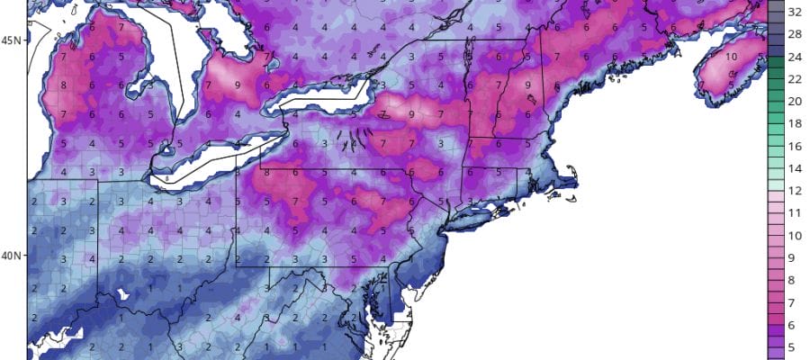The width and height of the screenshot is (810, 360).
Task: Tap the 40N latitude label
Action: coord(13,256)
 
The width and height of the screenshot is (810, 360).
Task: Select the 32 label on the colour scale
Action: coord(796,13)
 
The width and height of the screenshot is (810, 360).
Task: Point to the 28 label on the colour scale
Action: coord(796,34)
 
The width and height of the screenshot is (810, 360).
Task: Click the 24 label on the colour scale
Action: coord(796,57)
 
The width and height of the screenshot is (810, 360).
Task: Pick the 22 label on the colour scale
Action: coord(796,79)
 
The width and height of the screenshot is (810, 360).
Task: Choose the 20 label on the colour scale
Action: coord(796,101)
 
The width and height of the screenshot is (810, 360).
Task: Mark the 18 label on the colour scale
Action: coord(796,123)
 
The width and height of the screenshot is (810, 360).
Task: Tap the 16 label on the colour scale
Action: coord(796,145)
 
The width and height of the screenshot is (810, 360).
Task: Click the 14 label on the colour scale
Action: coord(796,167)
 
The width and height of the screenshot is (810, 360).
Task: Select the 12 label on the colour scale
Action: coord(796,190)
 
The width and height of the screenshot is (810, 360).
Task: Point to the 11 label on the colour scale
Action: coord(796,212)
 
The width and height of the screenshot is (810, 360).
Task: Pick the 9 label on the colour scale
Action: coord(796,256)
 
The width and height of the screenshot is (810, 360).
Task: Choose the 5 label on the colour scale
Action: coord(796,345)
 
